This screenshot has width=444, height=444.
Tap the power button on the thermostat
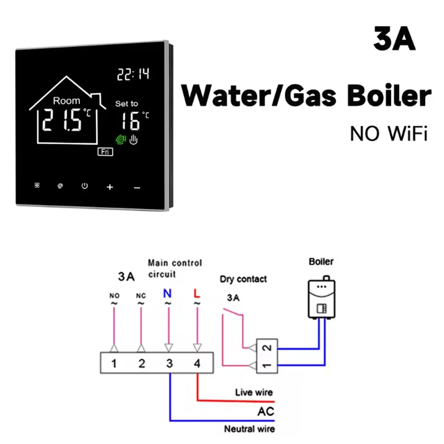coord(84,186)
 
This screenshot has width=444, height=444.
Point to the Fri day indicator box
coord(105,152)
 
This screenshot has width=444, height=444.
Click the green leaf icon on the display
coord(119,140)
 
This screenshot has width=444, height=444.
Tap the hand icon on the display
coord(133,140)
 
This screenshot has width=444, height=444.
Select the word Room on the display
coord(67,101)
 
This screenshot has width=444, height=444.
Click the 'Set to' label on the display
coord(127,104)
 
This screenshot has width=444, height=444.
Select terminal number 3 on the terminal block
coord(169,364)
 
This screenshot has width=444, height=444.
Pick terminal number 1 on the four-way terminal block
coord(113,364)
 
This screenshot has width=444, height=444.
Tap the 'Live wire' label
coord(254,393)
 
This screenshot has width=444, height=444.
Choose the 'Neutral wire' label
coord(249,428)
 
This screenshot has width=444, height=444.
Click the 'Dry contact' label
coord(243,279)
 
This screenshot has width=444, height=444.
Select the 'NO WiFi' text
coord(389,134)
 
